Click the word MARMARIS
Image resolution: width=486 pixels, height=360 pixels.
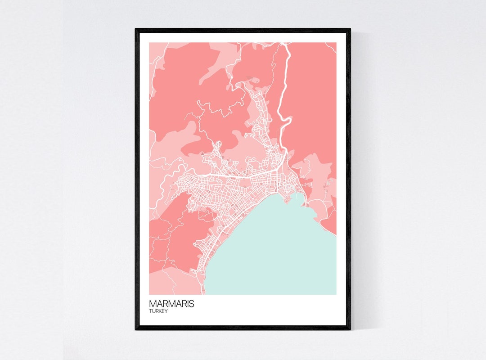point(171,304)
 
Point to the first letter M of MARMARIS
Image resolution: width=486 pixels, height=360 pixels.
point(152,304)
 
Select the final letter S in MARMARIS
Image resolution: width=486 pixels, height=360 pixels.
point(192,304)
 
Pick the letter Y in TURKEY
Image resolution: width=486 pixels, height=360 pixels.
point(166,311)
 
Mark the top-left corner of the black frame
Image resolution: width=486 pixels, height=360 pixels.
point(135,29)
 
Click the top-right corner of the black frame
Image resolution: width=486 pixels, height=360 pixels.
point(350,29)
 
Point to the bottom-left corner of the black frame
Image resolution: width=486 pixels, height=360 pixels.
point(135,329)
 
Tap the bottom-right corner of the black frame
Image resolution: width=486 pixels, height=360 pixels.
point(350,329)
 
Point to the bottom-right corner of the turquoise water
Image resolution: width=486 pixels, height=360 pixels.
point(335,294)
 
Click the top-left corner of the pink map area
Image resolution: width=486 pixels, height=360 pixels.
point(149,43)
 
